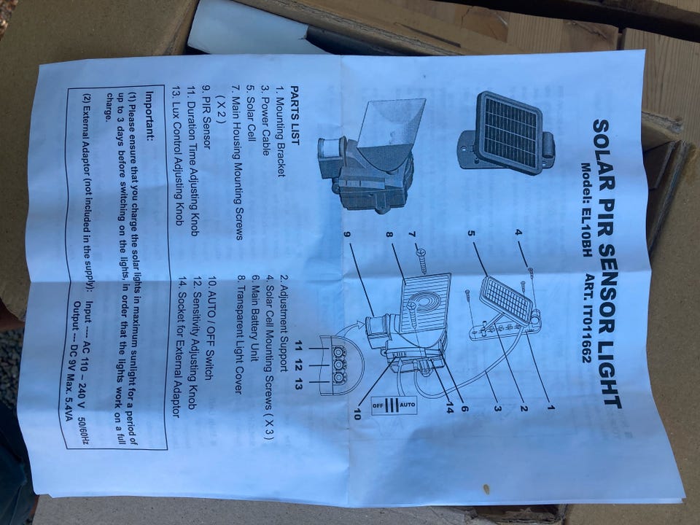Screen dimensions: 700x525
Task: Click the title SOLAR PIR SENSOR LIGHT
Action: (x=607, y=264)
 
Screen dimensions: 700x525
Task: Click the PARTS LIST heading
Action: (x=295, y=114)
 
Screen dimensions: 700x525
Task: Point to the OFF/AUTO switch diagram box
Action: (x=394, y=405)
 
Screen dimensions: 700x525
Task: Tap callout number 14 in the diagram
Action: (x=450, y=407)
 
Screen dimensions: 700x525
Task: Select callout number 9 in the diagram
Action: (x=349, y=234)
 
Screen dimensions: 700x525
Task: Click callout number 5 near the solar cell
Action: (x=471, y=233)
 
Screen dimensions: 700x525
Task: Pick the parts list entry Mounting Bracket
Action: (x=280, y=131)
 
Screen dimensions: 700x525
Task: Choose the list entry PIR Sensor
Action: (x=206, y=117)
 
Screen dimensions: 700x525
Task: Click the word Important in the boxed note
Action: (x=149, y=115)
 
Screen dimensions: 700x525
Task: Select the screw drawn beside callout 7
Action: (x=421, y=262)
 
